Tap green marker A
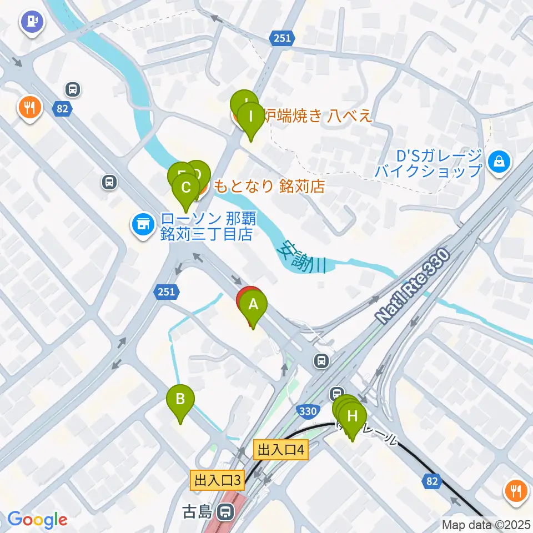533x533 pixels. tap(253, 305)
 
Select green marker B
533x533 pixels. tap(180, 399)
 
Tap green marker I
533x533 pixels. tap(251, 117)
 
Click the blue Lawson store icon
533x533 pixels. tap(142, 225)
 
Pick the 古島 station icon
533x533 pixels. tap(225, 510)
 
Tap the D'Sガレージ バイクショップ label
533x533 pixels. tap(428, 163)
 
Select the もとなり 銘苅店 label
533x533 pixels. tap(269, 186)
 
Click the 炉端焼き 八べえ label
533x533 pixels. tap(316, 116)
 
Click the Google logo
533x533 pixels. tap(37, 519)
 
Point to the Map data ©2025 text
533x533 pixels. tap(486, 524)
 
